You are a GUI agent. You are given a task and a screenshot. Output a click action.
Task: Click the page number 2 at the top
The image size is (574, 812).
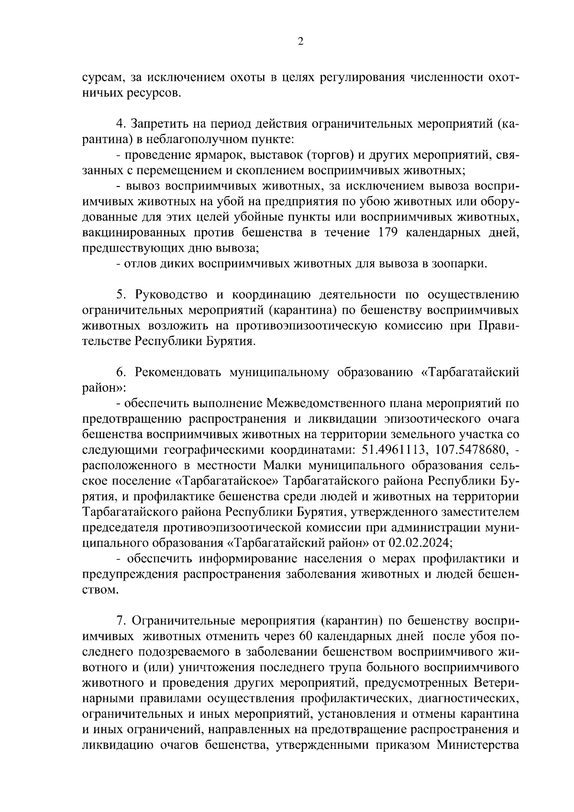(300, 42)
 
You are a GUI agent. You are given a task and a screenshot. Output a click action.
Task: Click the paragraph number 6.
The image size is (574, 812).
(121, 373)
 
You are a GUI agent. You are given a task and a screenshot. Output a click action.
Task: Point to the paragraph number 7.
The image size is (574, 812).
(121, 621)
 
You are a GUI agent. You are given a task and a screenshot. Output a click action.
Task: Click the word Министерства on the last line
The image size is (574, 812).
(478, 746)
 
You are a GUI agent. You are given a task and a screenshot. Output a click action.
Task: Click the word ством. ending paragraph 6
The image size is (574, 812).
(100, 590)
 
